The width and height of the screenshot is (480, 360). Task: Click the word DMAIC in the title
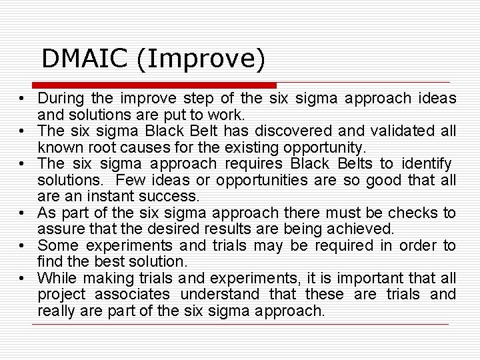85,59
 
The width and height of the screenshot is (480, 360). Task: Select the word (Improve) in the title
201,59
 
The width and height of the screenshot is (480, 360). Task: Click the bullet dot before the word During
22,99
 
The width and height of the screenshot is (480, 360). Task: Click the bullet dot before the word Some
22,245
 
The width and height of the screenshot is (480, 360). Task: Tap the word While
57,278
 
